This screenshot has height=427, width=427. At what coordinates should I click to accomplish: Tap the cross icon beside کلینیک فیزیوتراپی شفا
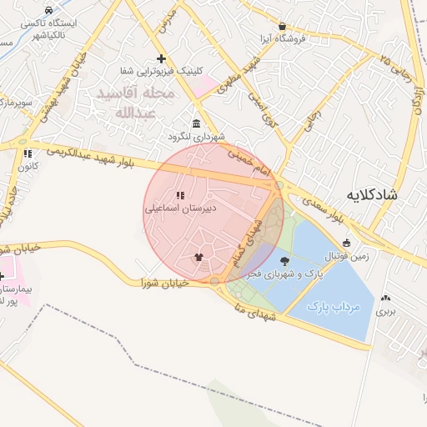coord(161,58)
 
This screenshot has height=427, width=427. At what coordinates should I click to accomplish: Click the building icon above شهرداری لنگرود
coord(197,123)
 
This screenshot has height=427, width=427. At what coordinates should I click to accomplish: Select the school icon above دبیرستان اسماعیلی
coord(179,196)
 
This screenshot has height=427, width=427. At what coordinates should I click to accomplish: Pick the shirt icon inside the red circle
coord(198,257)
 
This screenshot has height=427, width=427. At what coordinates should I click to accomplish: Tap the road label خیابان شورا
coord(166,284)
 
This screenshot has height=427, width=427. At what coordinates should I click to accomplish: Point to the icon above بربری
coord(384,298)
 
